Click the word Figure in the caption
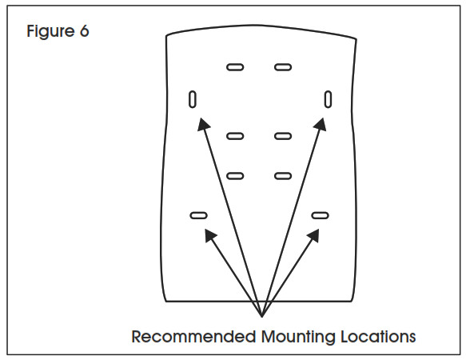(x=50, y=31)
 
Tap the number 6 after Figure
(x=84, y=30)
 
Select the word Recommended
(x=193, y=337)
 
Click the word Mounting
(x=298, y=338)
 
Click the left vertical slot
(x=193, y=99)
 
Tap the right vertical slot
(x=328, y=99)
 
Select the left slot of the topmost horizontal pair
(x=235, y=67)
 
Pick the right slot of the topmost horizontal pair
(x=283, y=67)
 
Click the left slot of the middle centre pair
(x=235, y=136)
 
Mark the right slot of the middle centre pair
(x=283, y=136)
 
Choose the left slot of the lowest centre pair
(x=235, y=176)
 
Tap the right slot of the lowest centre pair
(x=283, y=176)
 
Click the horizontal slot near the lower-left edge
(x=198, y=215)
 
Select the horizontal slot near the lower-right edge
(x=320, y=215)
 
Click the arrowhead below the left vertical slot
(x=203, y=124)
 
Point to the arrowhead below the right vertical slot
(x=320, y=124)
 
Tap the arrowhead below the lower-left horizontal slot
(x=210, y=235)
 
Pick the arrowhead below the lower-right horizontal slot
(x=313, y=235)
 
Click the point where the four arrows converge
(x=262, y=317)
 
